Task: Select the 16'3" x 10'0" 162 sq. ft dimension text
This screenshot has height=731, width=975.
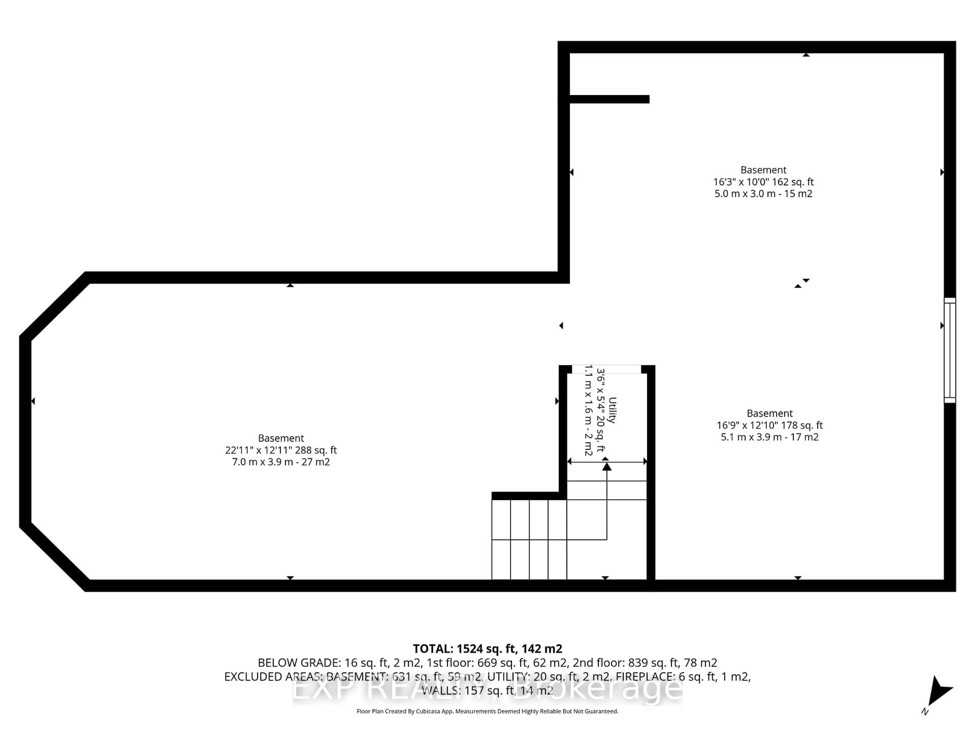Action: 763,181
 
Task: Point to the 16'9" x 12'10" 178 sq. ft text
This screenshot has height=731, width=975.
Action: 770,425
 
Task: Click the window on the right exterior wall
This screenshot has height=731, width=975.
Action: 949,350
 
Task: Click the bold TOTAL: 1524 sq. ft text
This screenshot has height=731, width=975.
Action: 487,649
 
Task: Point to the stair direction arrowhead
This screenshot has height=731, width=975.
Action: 607,466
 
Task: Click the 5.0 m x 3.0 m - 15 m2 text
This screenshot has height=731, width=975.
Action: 763,193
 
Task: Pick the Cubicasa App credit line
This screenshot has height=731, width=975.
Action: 487,711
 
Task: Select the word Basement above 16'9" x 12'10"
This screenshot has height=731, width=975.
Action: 770,413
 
